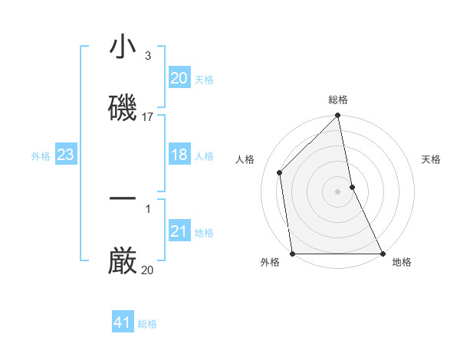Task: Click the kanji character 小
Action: [x=123, y=48]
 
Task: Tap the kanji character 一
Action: [x=123, y=199]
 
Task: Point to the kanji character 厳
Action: [x=123, y=260]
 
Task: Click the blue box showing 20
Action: [x=179, y=77]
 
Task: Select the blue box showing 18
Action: [x=179, y=155]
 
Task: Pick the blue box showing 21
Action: [x=179, y=231]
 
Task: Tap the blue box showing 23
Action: [x=66, y=155]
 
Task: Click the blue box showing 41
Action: [x=123, y=322]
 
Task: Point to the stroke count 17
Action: [x=148, y=117]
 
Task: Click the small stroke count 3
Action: [x=148, y=56]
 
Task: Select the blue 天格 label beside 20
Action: [x=204, y=79]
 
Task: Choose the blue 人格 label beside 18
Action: [x=204, y=156]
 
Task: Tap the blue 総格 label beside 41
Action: [x=147, y=324]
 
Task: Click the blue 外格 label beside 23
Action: [x=41, y=156]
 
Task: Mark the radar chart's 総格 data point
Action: [x=338, y=116]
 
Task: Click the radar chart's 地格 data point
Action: [x=383, y=254]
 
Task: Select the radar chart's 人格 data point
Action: [x=280, y=172]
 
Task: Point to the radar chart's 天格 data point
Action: [x=352, y=187]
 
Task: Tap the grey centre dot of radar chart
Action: [x=338, y=191]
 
